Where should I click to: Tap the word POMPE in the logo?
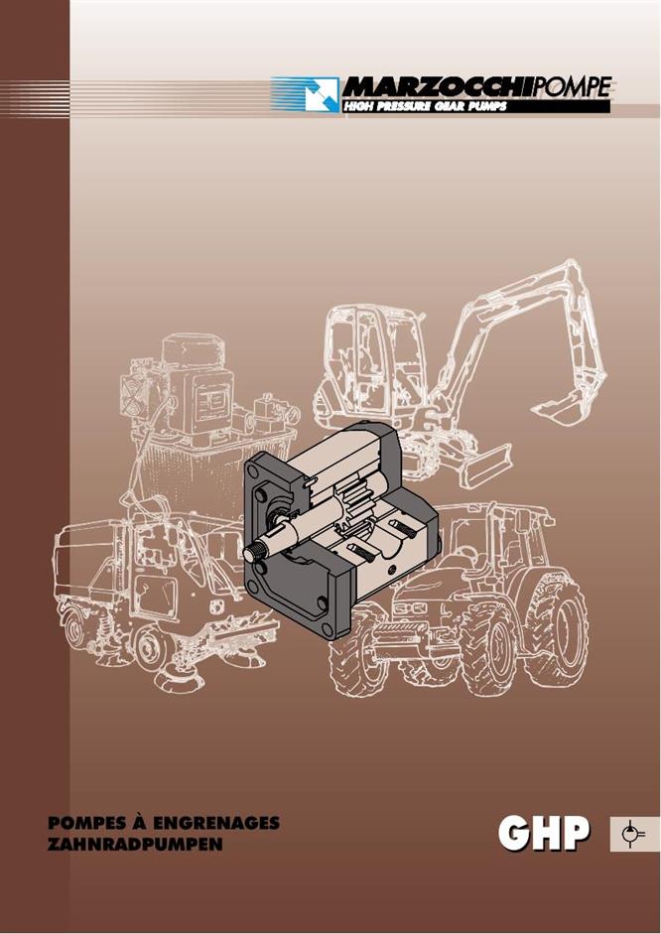click(573, 87)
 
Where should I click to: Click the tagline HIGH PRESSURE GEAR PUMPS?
click(425, 106)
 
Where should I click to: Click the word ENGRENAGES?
click(216, 823)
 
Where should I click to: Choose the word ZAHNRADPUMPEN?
click(135, 845)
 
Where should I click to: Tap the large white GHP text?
click(544, 834)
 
